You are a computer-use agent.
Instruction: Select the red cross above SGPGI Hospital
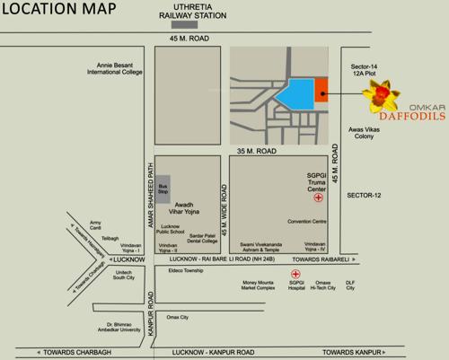click(295, 274)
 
